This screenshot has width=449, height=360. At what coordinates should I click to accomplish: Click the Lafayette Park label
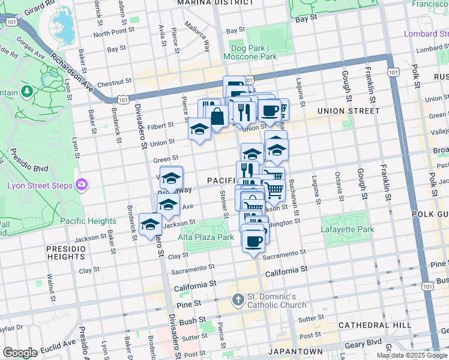coord(348,229)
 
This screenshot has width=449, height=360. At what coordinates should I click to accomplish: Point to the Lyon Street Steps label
coord(40,185)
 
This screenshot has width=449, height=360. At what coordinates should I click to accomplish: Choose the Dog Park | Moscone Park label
coord(250,52)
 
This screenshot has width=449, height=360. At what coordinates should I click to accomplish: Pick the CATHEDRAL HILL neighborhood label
coord(375,325)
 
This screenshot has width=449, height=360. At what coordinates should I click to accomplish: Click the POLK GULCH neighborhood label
coord(429,213)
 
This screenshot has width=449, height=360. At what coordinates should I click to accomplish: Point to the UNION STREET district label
coord(348,110)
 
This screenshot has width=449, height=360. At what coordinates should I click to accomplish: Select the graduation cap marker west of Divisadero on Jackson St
coord(149,225)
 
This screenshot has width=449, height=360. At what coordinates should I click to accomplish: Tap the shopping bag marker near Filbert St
coord(217,116)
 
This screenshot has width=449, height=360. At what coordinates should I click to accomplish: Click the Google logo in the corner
coord(20,352)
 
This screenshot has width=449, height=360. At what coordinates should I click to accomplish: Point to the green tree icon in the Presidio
coord(26,92)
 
